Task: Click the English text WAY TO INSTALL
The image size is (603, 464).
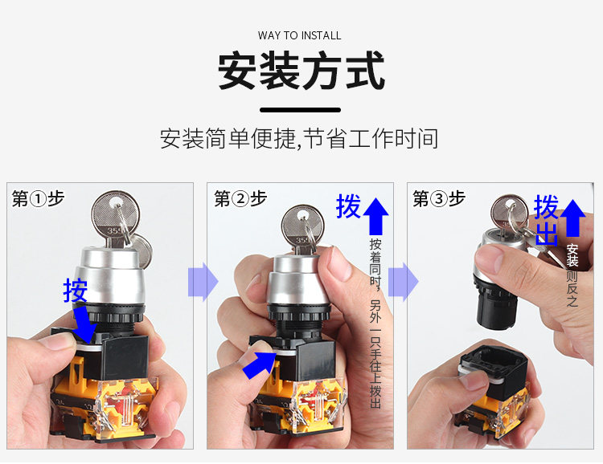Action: coord(300,35)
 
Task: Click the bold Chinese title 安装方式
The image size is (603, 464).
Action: coord(301,71)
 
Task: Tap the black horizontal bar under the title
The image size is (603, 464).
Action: coord(301,110)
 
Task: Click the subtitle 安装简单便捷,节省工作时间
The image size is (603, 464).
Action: coord(299,139)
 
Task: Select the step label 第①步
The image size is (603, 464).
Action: coord(38,198)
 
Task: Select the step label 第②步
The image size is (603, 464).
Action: coord(240,198)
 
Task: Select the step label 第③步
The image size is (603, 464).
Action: coord(439,198)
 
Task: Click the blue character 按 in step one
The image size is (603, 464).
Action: coord(76,291)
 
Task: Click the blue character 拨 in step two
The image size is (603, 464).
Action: coord(348,206)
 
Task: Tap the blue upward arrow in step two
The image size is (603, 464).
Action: coord(375,216)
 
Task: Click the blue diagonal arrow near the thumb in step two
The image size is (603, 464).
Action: coord(260,365)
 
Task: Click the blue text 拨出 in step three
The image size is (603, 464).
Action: coord(546,220)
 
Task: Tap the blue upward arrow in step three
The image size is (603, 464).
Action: coord(572,218)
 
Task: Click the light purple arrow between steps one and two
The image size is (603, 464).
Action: coord(203,282)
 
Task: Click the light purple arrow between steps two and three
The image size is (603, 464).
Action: coord(404,282)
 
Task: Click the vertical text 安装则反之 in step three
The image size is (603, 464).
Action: coord(572,275)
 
